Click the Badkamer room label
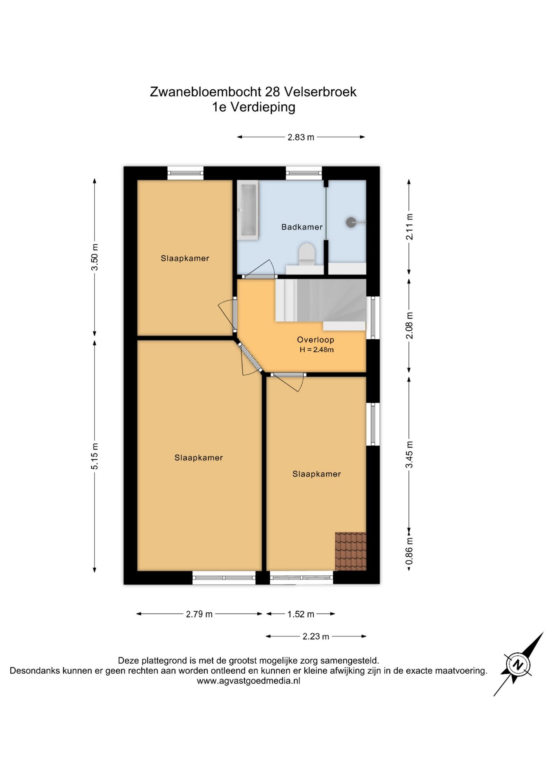point(302,227)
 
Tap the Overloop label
point(315,340)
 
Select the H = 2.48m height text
point(317,349)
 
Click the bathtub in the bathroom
point(248,210)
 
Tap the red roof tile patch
point(350,551)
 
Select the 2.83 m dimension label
point(301,137)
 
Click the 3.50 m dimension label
point(95,257)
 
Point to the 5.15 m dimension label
point(95,456)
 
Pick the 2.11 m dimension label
point(410,227)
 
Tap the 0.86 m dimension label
point(410,551)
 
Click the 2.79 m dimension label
point(199,614)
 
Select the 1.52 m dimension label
point(301,614)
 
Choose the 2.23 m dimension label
point(316,637)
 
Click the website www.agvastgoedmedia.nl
point(248,681)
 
